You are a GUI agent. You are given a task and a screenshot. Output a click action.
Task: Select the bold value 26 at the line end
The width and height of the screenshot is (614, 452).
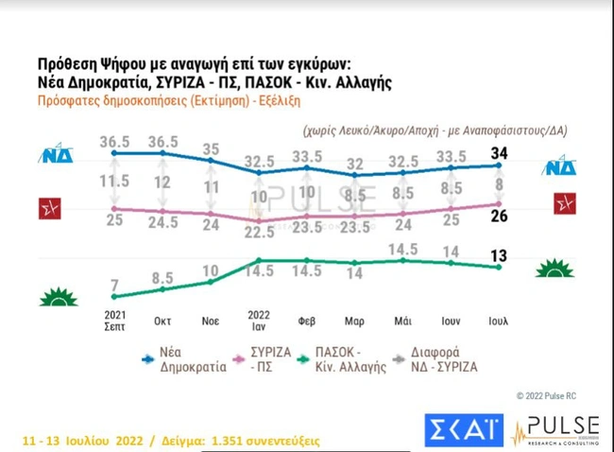tap(500, 217)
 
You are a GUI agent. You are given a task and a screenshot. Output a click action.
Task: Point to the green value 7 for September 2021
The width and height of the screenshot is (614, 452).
tap(114, 286)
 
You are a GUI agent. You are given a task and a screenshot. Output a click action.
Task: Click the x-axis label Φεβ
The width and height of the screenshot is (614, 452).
tap(307, 321)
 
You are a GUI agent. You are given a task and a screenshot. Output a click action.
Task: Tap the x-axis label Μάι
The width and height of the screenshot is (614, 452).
tap(403, 321)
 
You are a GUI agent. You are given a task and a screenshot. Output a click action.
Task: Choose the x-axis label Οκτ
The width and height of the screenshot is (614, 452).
tap(162, 321)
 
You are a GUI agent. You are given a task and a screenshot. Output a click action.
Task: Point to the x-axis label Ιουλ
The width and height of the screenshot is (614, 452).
tap(500, 321)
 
